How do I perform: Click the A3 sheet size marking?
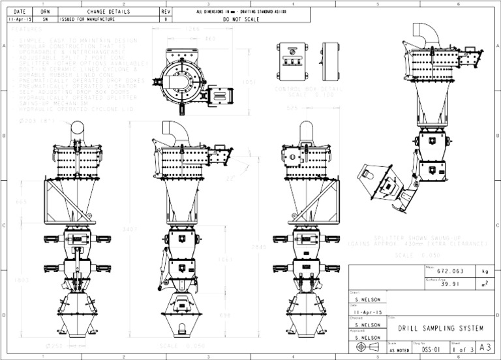click(x=483, y=348)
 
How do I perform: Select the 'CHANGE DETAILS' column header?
click(x=107, y=12)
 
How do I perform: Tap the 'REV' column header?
click(x=166, y=12)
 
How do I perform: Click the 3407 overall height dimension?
click(x=134, y=229)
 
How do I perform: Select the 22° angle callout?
click(x=229, y=178)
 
